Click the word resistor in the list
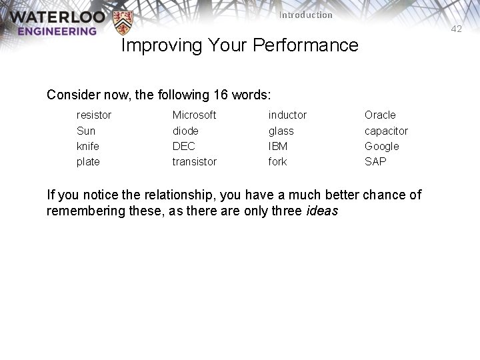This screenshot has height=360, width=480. [94, 115]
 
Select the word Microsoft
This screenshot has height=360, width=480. [194, 115]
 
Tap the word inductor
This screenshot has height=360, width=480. [287, 115]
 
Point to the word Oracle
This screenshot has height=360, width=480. [380, 115]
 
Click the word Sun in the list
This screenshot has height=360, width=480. [86, 131]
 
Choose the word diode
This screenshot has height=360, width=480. [185, 131]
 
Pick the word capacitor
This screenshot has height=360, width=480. [386, 131]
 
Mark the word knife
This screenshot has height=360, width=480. [88, 146]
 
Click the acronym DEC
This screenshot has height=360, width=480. [183, 146]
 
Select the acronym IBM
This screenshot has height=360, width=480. [278, 146]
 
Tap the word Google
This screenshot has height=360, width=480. [381, 146]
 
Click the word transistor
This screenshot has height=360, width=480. [194, 161]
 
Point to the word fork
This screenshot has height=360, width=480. [277, 161]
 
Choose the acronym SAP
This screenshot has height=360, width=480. [375, 161]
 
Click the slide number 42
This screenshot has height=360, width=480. [456, 29]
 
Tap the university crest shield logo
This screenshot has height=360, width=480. [122, 23]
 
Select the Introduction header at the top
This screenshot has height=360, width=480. [305, 15]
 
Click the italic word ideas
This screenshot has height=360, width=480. [322, 211]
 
